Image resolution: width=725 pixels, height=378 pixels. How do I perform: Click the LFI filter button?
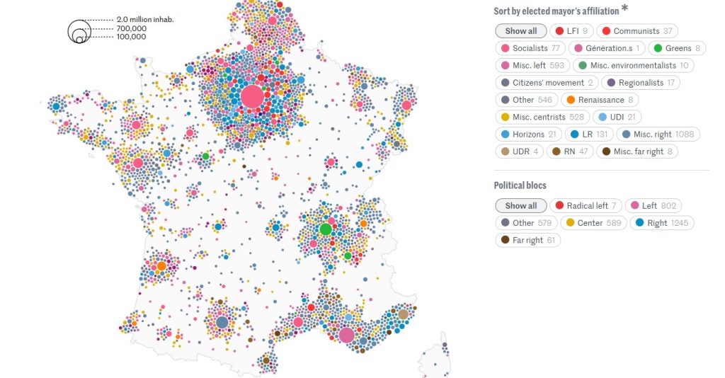pos(571,31)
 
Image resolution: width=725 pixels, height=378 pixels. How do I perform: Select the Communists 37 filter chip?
pos(636,31)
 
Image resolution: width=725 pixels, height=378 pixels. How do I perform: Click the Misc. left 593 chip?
pos(532,66)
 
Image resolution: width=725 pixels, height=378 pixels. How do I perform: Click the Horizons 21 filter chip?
pos(527,134)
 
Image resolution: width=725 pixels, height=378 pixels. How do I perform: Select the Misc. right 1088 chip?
pos(658,134)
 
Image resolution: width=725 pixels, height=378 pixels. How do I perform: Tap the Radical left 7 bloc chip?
pos(586,206)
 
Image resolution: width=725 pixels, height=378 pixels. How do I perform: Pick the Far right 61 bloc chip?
pos(527,240)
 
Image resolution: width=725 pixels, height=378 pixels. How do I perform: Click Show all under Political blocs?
pos(520,206)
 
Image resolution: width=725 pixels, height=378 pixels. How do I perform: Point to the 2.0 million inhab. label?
pos(145,20)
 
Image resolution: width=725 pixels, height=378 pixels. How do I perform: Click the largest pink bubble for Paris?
pos(252,96)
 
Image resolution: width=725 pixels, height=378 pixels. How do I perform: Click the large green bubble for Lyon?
pos(326,229)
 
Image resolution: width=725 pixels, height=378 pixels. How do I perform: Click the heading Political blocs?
pos(520,185)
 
